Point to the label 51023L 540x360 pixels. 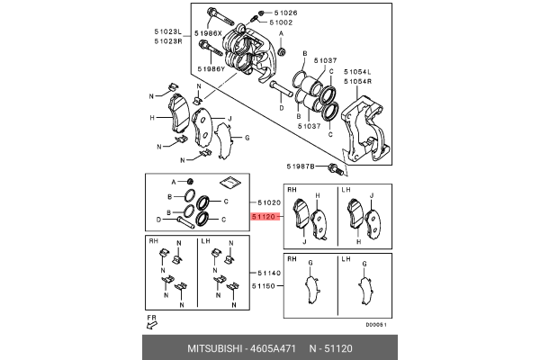pyautogui.click(x=167, y=31)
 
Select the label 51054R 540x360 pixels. pyautogui.click(x=356, y=81)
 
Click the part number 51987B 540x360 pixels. pyautogui.click(x=301, y=167)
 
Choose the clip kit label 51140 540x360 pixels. pyautogui.click(x=269, y=273)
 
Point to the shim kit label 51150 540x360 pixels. pyautogui.click(x=269, y=286)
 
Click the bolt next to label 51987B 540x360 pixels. pyautogui.click(x=335, y=168)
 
